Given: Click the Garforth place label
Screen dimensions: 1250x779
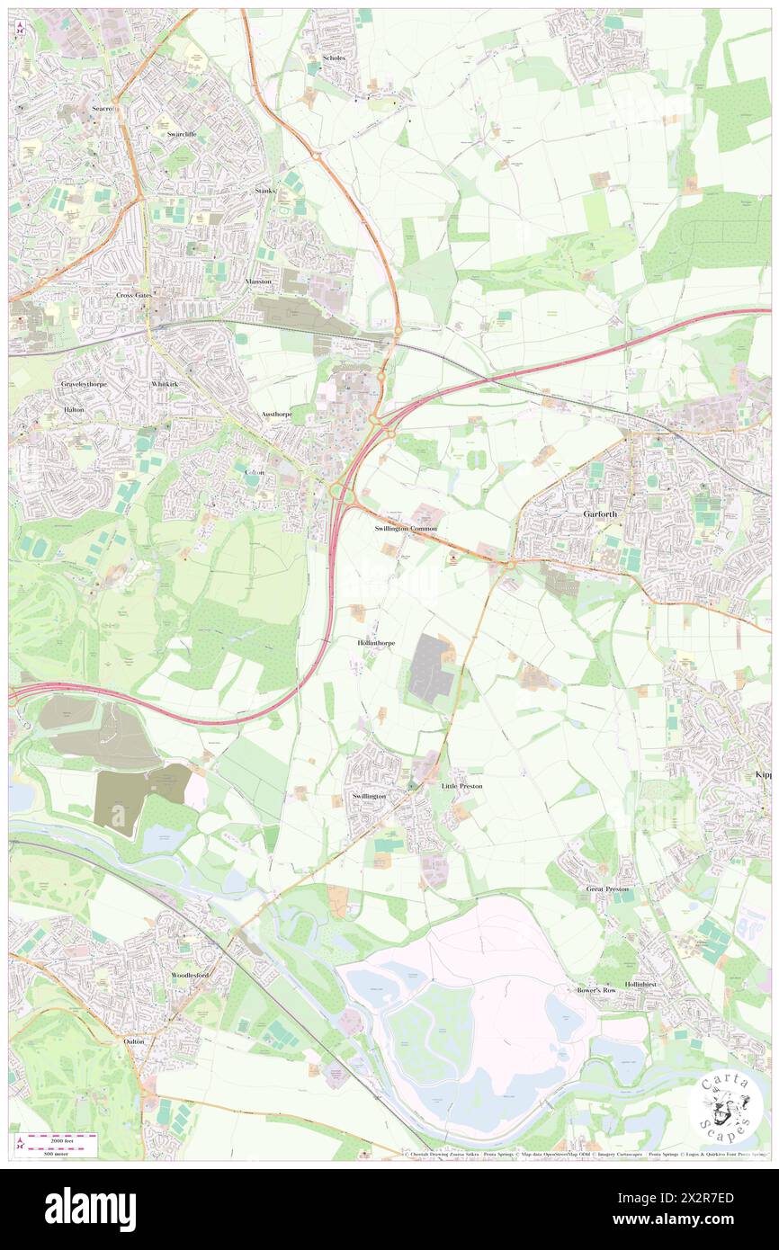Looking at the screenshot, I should [x=596, y=514].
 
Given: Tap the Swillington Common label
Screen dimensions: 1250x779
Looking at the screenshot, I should [x=406, y=529].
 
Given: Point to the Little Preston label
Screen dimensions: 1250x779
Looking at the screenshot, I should [x=461, y=786].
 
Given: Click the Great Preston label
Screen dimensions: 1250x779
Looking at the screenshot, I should [x=608, y=888].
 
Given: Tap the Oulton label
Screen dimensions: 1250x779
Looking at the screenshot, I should [x=133, y=1040].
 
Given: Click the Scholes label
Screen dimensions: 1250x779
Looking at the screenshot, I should [x=334, y=58].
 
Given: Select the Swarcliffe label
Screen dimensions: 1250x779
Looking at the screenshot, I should [x=182, y=134].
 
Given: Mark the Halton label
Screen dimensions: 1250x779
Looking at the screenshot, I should [x=74, y=409].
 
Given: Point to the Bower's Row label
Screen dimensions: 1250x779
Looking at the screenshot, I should [x=595, y=989].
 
